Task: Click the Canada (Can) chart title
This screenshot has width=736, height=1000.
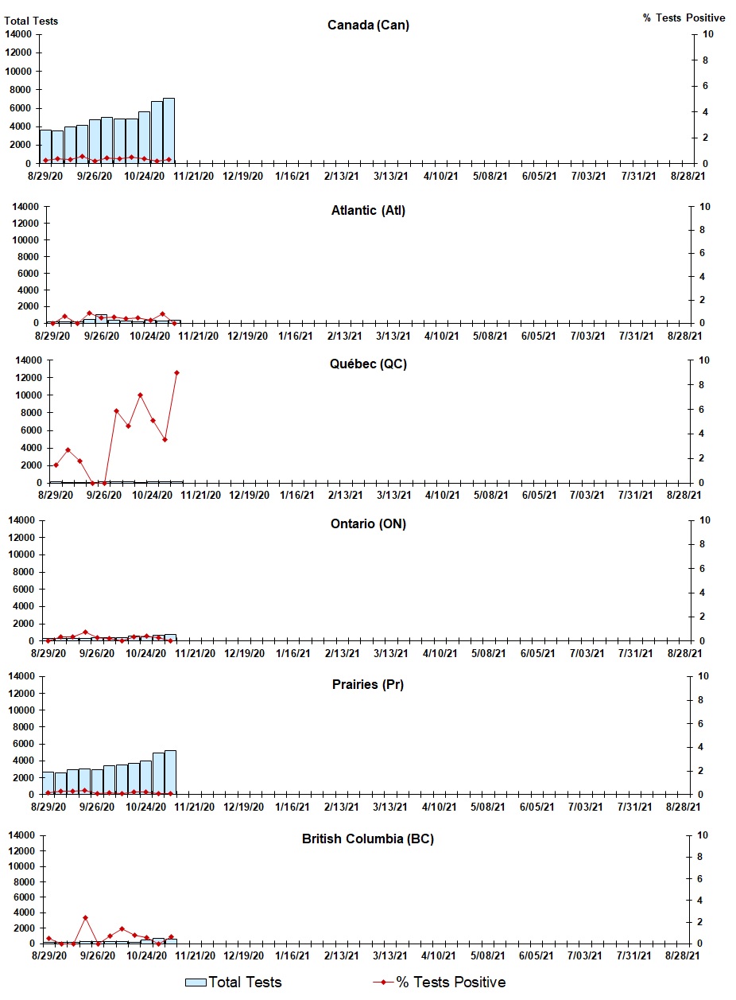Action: pyautogui.click(x=368, y=25)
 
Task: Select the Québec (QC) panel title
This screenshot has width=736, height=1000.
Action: pyautogui.click(x=368, y=364)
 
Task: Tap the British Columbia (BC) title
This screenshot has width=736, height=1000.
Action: pyautogui.click(x=368, y=839)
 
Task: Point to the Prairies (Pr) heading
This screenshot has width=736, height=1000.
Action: pyautogui.click(x=368, y=685)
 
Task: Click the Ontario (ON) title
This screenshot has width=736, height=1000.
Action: pyautogui.click(x=368, y=524)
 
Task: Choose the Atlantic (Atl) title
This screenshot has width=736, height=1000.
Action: pyautogui.click(x=368, y=211)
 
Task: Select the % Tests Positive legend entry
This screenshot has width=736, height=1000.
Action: pyautogui.click(x=440, y=982)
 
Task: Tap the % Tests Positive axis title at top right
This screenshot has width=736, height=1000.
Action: pyautogui.click(x=684, y=18)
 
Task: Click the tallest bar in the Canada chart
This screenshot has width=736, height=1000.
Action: pyautogui.click(x=169, y=130)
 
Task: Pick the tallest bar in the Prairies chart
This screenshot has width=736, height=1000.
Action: pyautogui.click(x=170, y=772)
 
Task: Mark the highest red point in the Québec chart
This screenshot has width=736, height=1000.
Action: pyautogui.click(x=176, y=372)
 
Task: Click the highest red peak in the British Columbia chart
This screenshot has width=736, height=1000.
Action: pyautogui.click(x=85, y=917)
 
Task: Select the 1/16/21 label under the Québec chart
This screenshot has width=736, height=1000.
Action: pyautogui.click(x=295, y=495)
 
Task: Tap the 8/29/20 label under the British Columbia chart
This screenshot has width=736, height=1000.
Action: pyautogui.click(x=53, y=955)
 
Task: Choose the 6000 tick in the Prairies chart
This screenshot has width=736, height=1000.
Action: pyautogui.click(x=24, y=744)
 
